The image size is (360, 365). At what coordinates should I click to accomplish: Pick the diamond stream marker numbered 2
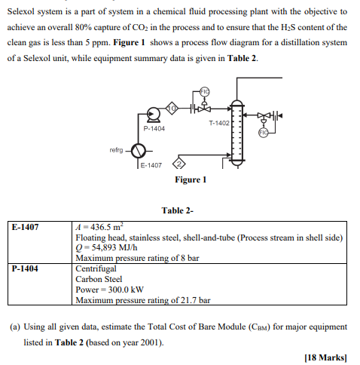[178, 164]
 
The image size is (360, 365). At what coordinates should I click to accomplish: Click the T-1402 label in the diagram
[220, 122]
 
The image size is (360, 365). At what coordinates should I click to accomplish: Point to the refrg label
[116, 149]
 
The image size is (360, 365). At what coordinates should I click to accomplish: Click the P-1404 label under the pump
[154, 129]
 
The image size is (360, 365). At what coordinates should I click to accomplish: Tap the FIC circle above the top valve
[203, 92]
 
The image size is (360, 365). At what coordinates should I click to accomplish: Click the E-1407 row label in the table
[26, 226]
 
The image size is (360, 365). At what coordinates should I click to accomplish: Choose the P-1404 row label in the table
[26, 268]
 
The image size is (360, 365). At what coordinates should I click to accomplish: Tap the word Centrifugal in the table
[96, 268]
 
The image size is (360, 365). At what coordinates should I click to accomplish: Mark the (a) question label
[17, 327]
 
